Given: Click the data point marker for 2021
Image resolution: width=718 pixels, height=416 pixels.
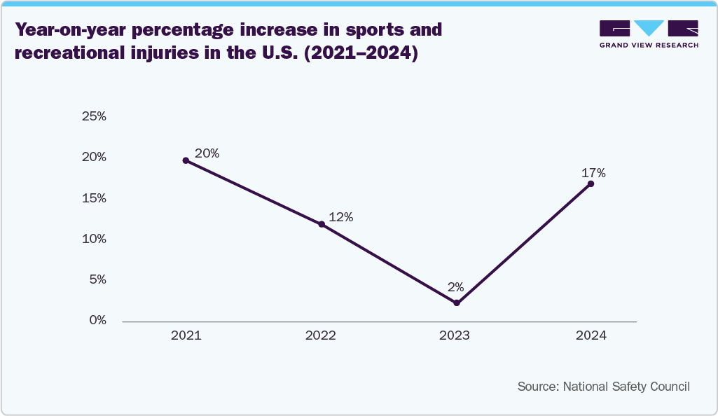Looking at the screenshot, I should coord(186,160).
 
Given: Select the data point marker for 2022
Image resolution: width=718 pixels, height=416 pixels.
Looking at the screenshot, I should coord(322,224).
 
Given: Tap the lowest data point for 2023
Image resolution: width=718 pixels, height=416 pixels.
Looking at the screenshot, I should coord(457,303).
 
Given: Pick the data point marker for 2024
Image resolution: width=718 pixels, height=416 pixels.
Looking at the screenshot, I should coord(591,183).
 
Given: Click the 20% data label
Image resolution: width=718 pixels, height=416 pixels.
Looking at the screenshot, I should coord(207,153).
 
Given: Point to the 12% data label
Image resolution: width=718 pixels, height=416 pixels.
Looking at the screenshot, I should coord(340,217).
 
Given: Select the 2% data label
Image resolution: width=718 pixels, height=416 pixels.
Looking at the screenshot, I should coord(456,286).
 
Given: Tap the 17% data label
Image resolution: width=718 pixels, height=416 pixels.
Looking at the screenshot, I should coord(593,173).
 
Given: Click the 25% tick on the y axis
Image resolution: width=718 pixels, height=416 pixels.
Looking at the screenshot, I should coord(94,116).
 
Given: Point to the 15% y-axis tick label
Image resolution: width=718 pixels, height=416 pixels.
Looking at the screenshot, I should coord(94,198).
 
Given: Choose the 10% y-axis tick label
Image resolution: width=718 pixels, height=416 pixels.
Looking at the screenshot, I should coord(94,239).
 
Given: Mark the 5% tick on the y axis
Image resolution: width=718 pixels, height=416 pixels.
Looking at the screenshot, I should coord(97,279).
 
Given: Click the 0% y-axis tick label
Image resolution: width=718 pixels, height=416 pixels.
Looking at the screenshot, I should coord(97,320).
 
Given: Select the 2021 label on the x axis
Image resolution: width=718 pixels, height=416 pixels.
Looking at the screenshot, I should coord(186,335).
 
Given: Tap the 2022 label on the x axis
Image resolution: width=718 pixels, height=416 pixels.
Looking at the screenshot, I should coord(321,335).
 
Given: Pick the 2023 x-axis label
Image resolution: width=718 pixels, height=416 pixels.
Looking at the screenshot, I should coord(455,335).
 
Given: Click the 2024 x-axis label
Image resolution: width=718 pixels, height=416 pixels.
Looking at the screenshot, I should coord(591,335).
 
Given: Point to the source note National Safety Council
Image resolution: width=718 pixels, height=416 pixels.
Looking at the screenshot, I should coord(604,387).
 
